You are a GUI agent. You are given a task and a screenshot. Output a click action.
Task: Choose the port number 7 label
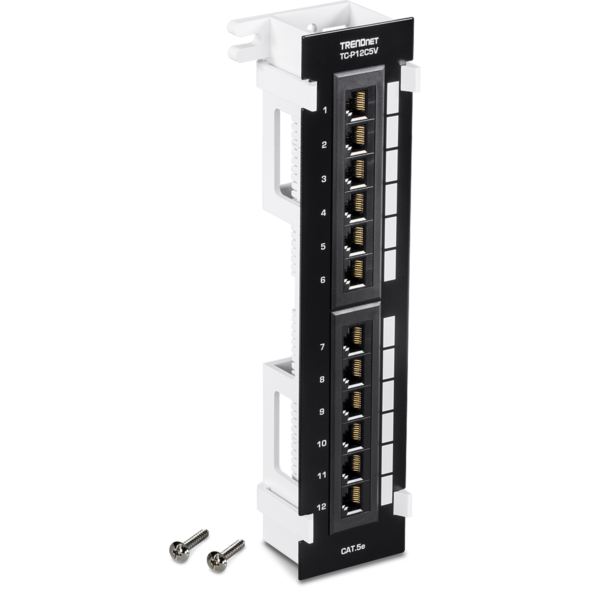[x=322, y=347]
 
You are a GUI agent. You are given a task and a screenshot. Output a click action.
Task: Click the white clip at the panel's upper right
[x=410, y=79]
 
